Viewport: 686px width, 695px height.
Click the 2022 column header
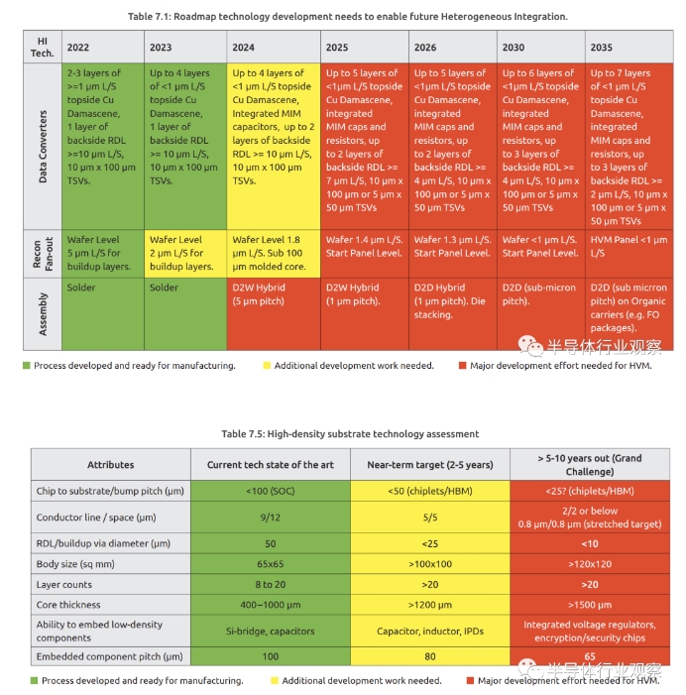[x=77, y=48]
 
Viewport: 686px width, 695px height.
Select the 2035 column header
[x=601, y=48]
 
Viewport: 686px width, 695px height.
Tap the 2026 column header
[x=425, y=48]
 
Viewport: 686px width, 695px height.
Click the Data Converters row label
[x=43, y=147]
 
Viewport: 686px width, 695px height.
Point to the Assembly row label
[x=43, y=313]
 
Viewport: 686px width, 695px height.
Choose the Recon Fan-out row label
[x=43, y=254]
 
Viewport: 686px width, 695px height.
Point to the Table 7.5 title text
[x=349, y=433]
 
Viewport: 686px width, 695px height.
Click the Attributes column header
[x=110, y=464]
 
